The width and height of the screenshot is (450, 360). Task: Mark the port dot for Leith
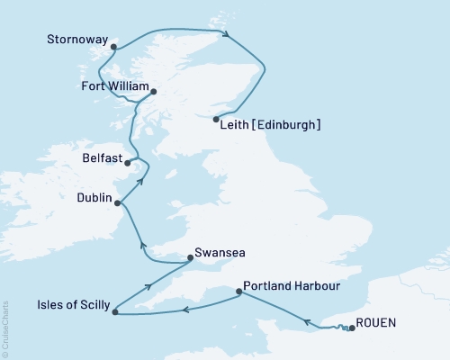tap(216, 119)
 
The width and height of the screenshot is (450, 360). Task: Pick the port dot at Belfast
tap(128, 164)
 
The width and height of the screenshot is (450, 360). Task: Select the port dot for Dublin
tap(118, 203)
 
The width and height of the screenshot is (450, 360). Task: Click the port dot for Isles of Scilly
tap(113, 311)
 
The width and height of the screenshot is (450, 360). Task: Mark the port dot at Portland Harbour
tap(238, 291)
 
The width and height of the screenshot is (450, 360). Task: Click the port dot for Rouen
tap(351, 328)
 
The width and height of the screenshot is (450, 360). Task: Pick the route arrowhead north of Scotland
tap(228, 35)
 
